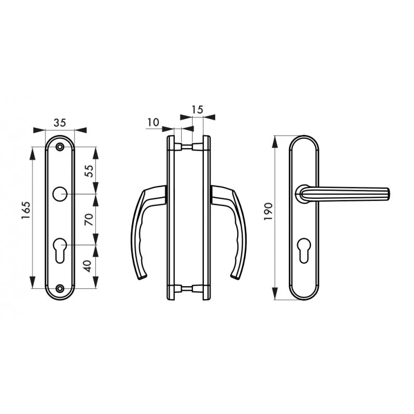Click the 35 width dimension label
click(x=60, y=123)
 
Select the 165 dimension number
click(x=26, y=211)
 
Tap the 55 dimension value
click(x=89, y=171)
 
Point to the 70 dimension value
click(x=89, y=219)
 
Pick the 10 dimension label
click(x=153, y=122)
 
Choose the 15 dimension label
click(x=197, y=109)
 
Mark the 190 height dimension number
click(x=268, y=212)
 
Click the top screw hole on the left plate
click(x=61, y=146)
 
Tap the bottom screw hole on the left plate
click(x=61, y=288)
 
